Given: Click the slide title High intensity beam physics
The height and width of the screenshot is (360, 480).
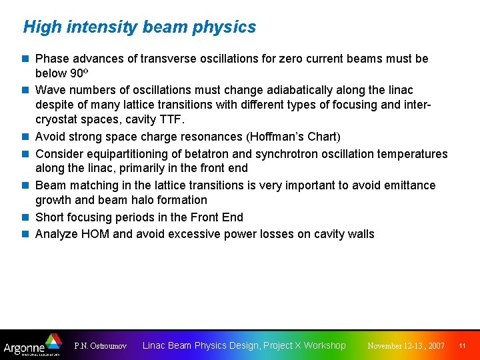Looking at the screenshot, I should point(139,27).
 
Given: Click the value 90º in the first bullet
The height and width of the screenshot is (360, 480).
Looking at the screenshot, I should point(79,73).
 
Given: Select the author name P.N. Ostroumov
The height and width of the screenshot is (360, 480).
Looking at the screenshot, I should point(101,346).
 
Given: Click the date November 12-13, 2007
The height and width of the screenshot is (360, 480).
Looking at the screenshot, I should point(406,346).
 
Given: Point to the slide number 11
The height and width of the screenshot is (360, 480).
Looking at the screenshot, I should point(462,346).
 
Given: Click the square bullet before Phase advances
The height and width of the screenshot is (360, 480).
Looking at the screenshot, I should point(25,59).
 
